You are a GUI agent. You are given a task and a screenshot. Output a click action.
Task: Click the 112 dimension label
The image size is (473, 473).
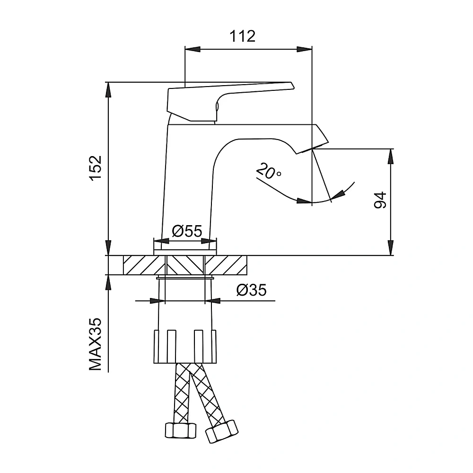(242, 36)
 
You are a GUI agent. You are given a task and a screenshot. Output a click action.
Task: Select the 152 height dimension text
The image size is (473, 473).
(96, 168)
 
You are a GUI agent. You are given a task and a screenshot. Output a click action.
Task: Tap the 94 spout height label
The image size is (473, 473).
(380, 200)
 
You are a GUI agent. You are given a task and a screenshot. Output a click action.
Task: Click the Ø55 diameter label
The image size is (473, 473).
(187, 231)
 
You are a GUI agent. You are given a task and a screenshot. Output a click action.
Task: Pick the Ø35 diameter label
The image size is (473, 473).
(252, 290)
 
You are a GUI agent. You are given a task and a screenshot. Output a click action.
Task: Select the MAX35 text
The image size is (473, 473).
(96, 344)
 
